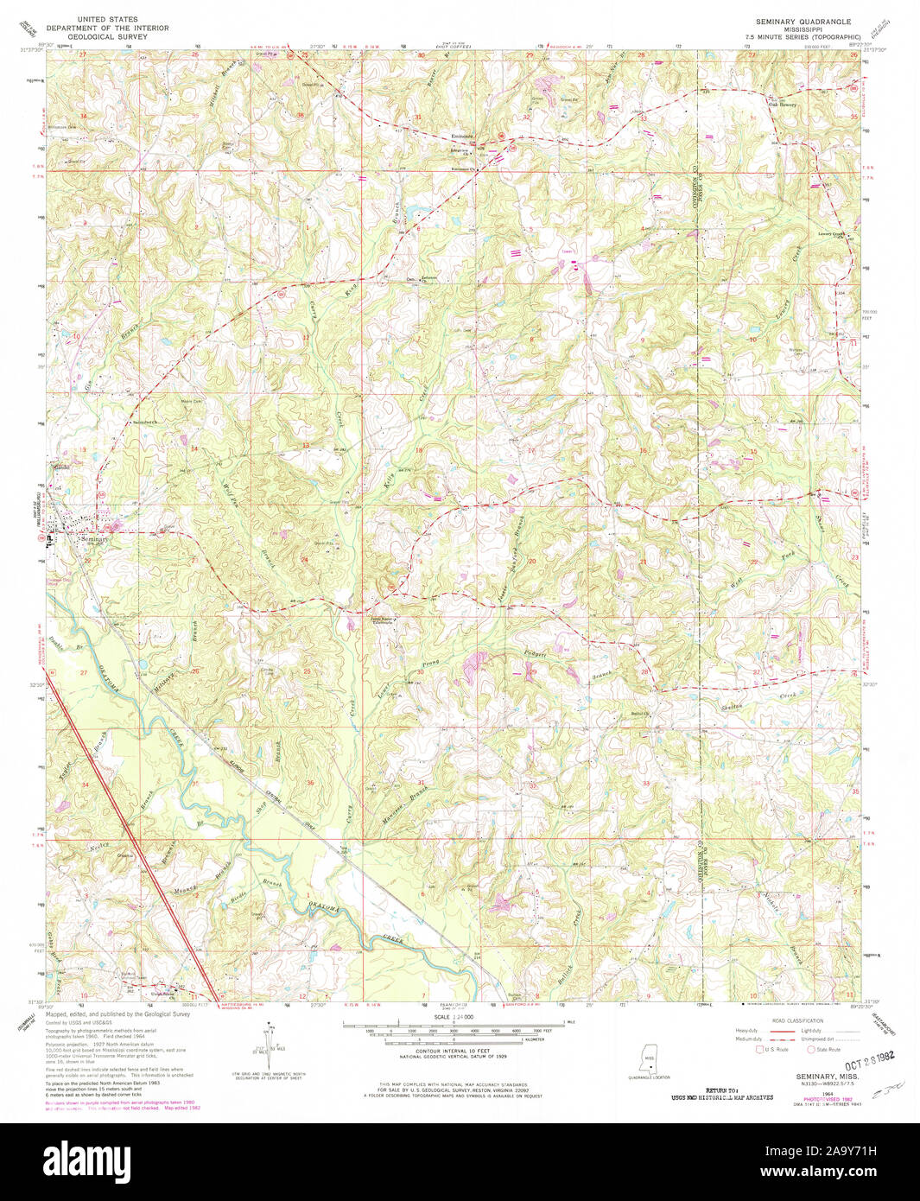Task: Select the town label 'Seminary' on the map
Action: pyautogui.click(x=93, y=539)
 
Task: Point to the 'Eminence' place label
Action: pyautogui.click(x=463, y=136)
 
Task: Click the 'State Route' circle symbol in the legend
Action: pyautogui.click(x=811, y=1050)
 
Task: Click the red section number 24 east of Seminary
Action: pyautogui.click(x=304, y=559)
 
